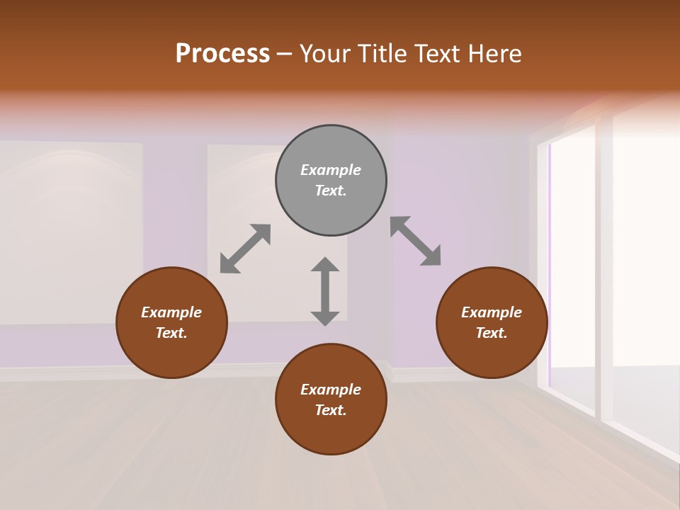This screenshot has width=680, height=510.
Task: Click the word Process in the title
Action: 222,54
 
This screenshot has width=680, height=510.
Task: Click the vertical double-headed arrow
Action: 325,291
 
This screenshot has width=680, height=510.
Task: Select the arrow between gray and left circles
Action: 245,248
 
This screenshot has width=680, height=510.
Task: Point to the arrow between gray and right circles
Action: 416,241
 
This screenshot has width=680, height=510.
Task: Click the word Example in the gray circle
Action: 331,170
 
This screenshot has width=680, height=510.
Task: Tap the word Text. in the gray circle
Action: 331,191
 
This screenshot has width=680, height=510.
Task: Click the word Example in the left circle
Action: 171,312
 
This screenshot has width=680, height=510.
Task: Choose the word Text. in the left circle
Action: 171,333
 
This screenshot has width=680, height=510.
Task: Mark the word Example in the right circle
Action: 492,312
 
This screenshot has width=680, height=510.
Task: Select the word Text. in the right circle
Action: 492,333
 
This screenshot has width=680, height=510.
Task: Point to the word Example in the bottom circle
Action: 331,390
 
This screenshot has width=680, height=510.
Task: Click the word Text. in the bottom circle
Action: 331,410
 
